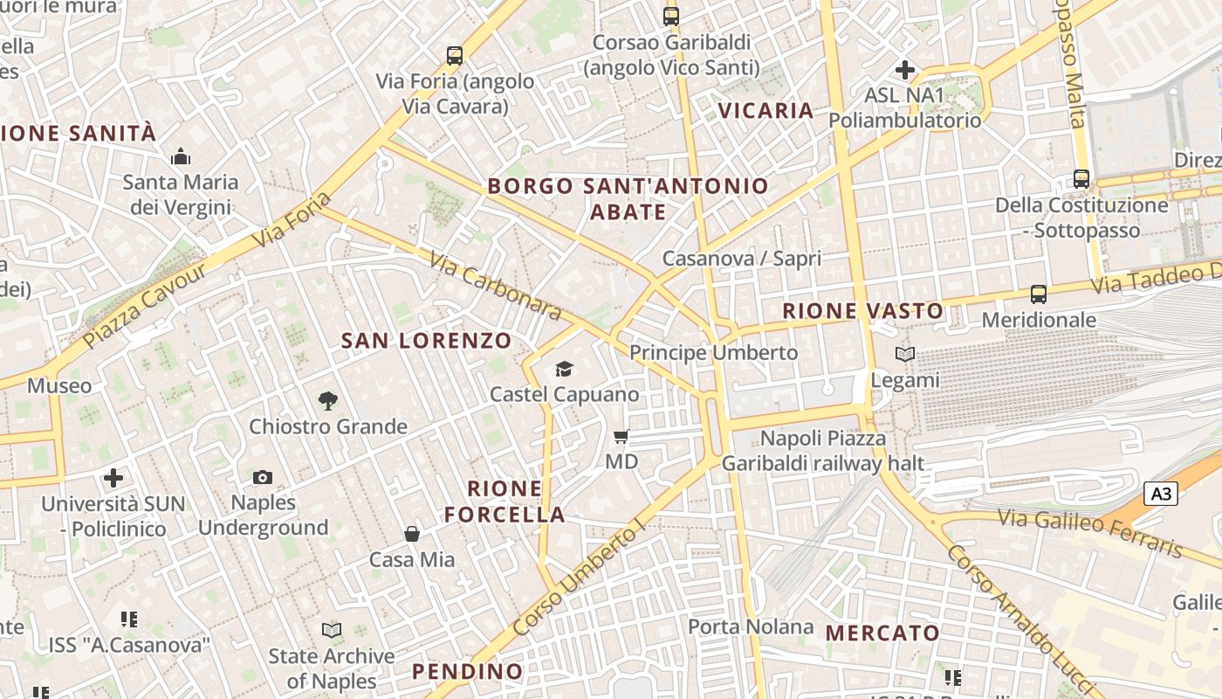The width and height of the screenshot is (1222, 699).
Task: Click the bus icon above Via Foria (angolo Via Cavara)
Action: click(x=454, y=55)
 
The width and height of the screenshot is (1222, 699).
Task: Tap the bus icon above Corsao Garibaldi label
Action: click(x=670, y=16)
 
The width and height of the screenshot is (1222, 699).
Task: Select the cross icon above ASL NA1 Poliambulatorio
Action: click(x=905, y=69)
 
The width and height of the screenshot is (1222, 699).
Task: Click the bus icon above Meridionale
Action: click(x=1038, y=294)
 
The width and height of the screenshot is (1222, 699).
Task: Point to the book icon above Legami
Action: click(x=905, y=354)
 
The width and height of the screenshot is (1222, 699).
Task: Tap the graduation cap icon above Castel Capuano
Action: click(x=564, y=369)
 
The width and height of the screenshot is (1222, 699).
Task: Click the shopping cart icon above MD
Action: click(x=621, y=435)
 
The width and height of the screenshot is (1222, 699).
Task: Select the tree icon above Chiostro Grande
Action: click(x=328, y=400)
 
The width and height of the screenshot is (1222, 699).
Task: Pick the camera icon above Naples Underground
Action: click(x=263, y=477)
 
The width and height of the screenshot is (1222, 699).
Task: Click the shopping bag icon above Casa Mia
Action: click(x=411, y=533)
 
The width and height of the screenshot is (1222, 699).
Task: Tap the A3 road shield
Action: click(x=1160, y=494)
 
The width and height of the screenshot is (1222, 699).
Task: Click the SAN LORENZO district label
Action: click(x=426, y=341)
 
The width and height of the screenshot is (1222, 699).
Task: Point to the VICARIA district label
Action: click(x=765, y=110)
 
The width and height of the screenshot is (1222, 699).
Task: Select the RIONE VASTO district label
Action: click(x=862, y=310)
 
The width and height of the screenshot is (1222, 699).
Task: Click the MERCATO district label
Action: click(x=882, y=633)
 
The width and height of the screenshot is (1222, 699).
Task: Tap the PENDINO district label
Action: click(x=467, y=671)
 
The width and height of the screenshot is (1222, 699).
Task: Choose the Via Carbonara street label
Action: click(x=494, y=285)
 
